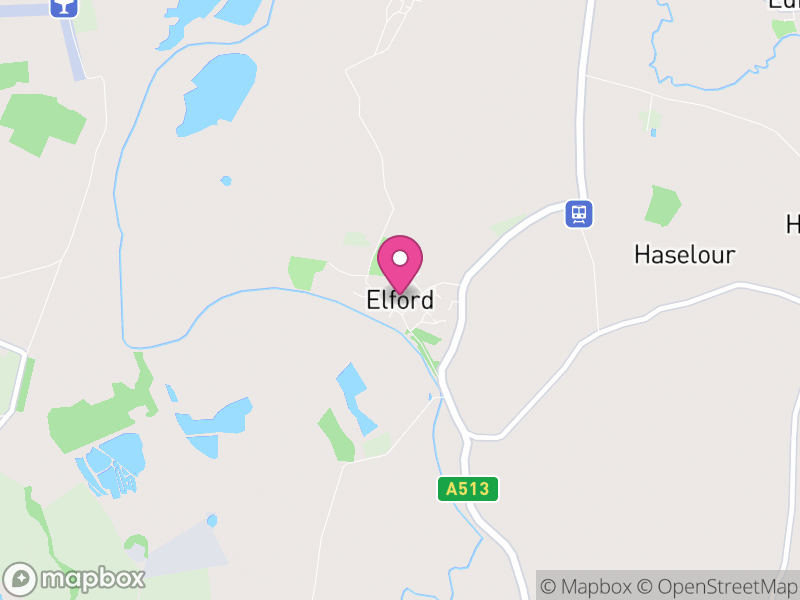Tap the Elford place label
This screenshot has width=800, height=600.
[x=400, y=299]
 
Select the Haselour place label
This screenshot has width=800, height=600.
[x=685, y=255]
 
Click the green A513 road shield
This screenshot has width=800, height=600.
[x=468, y=489]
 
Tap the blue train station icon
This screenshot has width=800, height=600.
[x=578, y=213]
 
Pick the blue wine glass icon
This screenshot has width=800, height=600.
[x=63, y=6]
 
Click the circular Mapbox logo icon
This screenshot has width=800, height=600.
[x=21, y=579]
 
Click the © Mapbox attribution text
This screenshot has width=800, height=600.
[x=586, y=586]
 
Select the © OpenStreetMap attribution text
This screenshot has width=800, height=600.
[x=717, y=586]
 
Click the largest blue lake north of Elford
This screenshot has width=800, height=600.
[x=219, y=94]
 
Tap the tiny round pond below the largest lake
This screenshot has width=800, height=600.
[x=226, y=181]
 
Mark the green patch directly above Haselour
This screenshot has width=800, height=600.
[x=662, y=205]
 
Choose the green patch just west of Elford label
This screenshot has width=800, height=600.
[x=306, y=272]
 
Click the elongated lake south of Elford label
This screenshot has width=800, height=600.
[x=354, y=396]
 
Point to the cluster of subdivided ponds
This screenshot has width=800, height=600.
[x=110, y=465]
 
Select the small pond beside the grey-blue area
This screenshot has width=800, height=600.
[x=212, y=520]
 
